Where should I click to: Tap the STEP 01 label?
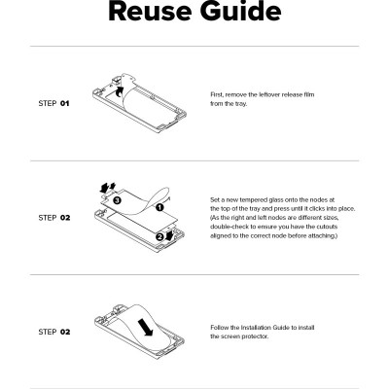click(53, 102)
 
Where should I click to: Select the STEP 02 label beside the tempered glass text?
click(53, 218)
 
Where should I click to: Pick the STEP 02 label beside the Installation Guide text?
click(53, 332)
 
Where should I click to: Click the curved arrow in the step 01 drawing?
click(119, 91)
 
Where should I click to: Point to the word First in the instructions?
click(217, 95)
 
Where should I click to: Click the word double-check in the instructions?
click(230, 226)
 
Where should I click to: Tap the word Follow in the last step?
click(219, 328)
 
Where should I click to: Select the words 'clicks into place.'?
click(316, 209)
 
